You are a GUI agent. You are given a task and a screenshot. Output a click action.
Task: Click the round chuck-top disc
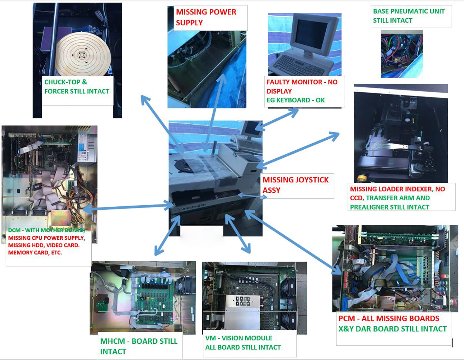click(83, 54)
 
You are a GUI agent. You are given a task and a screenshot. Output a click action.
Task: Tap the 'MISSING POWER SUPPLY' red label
click(206, 17)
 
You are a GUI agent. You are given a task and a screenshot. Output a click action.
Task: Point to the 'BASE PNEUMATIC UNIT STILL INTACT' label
click(409, 16)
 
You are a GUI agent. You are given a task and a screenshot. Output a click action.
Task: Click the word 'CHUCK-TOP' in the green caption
click(62, 82)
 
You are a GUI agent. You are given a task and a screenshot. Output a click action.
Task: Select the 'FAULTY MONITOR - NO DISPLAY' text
click(302, 86)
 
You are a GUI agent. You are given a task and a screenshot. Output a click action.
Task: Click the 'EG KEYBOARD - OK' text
click(295, 100)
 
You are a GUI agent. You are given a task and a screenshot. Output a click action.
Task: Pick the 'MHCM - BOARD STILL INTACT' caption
click(138, 346)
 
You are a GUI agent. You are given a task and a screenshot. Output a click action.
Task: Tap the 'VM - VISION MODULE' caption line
click(238, 338)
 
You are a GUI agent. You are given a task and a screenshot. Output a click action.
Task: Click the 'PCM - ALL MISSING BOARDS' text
click(388, 318)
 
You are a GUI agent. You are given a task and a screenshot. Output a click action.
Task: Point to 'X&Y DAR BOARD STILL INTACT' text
click(392, 329)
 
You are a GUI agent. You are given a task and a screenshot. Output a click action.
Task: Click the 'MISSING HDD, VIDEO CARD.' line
click(44, 245)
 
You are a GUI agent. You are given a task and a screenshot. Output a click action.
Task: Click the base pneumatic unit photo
click(401, 54)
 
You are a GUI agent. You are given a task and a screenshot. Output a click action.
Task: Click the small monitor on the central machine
click(251, 129)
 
